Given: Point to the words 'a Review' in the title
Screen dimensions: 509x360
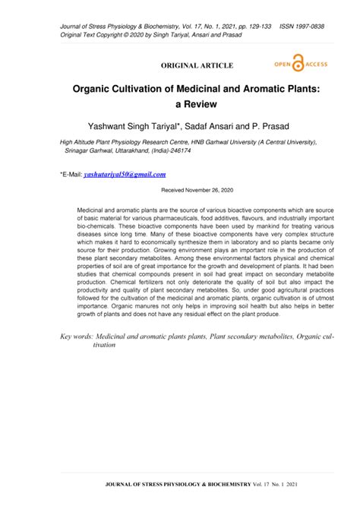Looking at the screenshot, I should point(179,106).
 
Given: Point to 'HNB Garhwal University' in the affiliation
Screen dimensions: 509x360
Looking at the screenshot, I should point(209,141).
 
